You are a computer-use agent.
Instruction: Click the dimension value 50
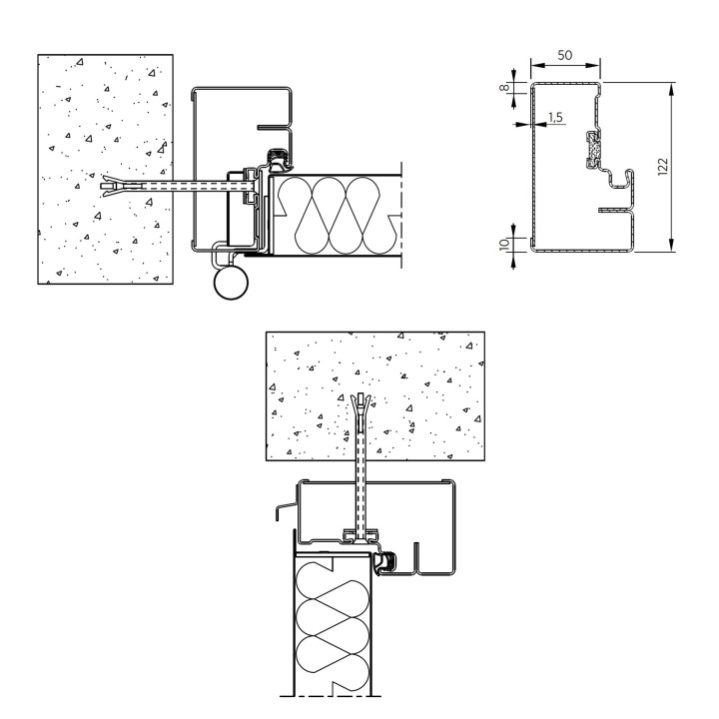565,55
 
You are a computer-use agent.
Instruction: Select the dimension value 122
663,167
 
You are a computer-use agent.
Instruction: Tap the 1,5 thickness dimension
555,118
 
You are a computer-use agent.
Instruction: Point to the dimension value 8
505,87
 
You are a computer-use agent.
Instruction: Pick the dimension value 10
504,244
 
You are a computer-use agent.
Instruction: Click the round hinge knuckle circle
231,282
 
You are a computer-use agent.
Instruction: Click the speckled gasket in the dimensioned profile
594,150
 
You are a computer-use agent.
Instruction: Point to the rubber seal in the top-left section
278,158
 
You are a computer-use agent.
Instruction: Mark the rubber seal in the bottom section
384,563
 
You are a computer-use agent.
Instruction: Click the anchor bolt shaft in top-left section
198,186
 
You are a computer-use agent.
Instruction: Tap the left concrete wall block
105,169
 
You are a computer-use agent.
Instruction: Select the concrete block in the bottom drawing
375,395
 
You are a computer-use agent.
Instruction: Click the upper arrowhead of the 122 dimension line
672,89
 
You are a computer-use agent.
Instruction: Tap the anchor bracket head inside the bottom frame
361,535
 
